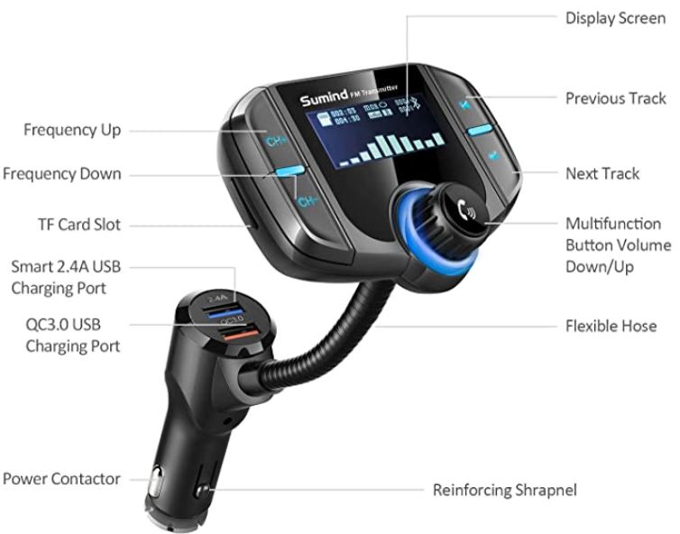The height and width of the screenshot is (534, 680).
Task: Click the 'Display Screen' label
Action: point(615,18)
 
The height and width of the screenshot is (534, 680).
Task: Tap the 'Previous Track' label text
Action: point(615,98)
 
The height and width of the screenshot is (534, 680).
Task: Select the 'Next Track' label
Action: point(602,172)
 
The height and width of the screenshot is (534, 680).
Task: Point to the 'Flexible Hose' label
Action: point(611,326)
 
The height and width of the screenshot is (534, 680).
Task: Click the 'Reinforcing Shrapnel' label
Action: point(504,491)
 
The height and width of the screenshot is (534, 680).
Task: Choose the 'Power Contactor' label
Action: point(61,479)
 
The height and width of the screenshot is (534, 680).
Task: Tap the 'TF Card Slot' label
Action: point(78,225)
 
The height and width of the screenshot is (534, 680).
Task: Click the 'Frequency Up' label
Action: point(72,130)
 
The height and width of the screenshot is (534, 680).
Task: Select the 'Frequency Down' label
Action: point(61,173)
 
